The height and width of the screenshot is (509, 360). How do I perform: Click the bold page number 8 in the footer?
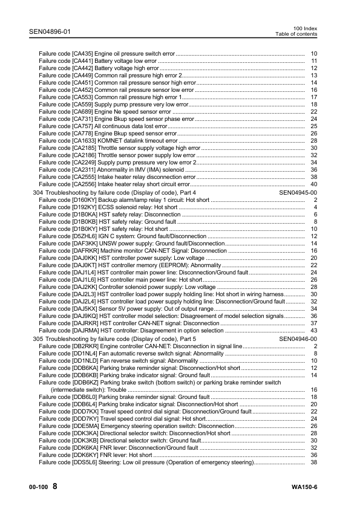[x=55, y=487]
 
